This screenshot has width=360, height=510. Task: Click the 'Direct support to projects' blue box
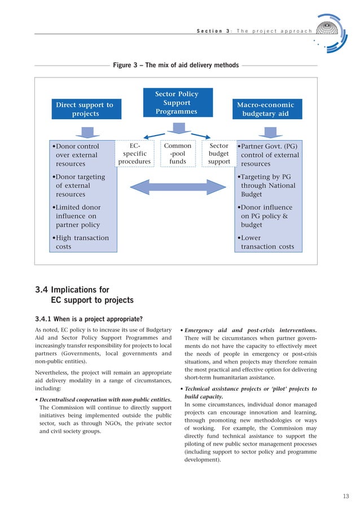click(x=85, y=109)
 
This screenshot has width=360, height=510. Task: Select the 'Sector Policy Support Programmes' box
click(x=177, y=103)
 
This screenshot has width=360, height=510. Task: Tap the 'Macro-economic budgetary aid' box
click(x=265, y=109)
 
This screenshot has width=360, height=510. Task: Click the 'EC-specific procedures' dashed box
click(x=135, y=154)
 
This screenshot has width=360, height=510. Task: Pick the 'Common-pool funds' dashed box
click(x=177, y=154)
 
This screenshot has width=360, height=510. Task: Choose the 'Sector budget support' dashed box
click(x=219, y=154)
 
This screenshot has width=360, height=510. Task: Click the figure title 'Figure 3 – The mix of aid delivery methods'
click(x=175, y=66)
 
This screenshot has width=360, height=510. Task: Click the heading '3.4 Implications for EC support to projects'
click(x=85, y=295)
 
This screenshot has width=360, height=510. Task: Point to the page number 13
click(x=346, y=496)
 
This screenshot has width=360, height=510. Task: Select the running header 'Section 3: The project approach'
click(x=254, y=30)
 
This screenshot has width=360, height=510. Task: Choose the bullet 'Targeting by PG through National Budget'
click(x=267, y=186)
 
